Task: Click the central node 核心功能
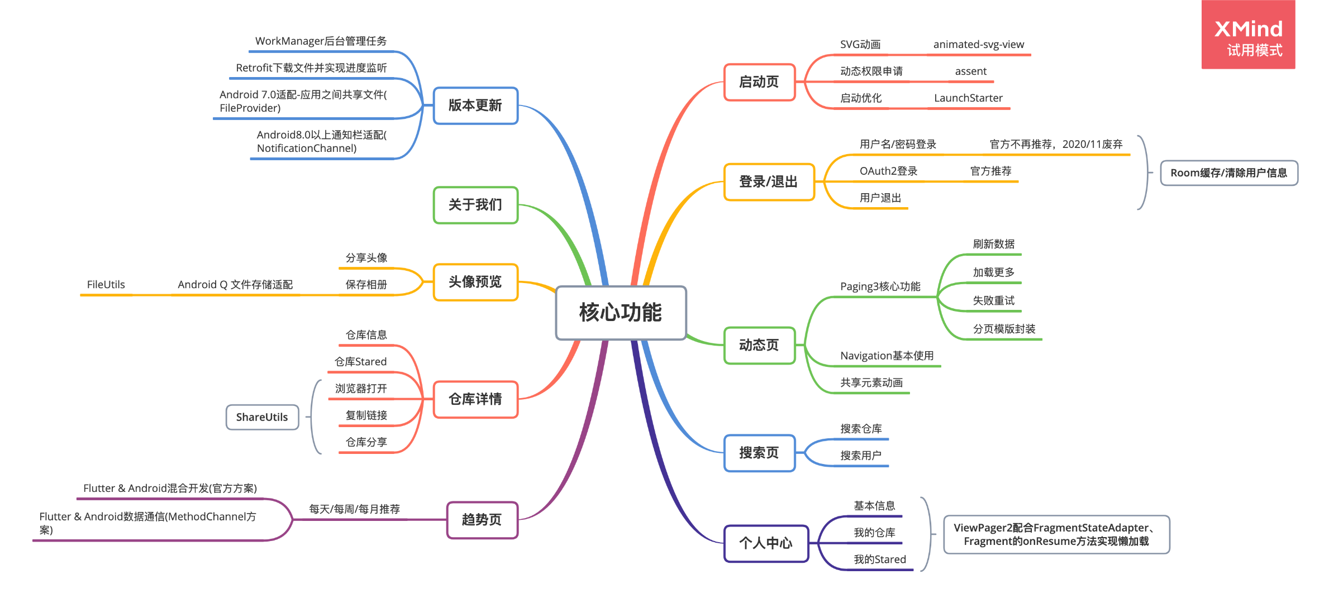621,313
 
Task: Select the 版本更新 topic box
475,106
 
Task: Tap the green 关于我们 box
475,205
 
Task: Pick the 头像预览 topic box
475,282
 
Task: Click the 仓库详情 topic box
475,399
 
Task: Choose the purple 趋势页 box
482,520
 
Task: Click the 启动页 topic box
759,82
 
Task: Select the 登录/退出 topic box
769,182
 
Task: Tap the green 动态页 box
759,345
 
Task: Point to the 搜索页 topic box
759,453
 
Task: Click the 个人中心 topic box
766,543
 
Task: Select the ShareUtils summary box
262,417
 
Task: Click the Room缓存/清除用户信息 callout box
1229,173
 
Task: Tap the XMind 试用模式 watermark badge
1249,35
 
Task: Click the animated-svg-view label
979,45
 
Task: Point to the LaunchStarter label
969,98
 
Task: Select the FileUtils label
106,285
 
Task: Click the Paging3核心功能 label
880,286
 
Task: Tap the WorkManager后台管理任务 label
321,41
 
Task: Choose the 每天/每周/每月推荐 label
355,509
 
